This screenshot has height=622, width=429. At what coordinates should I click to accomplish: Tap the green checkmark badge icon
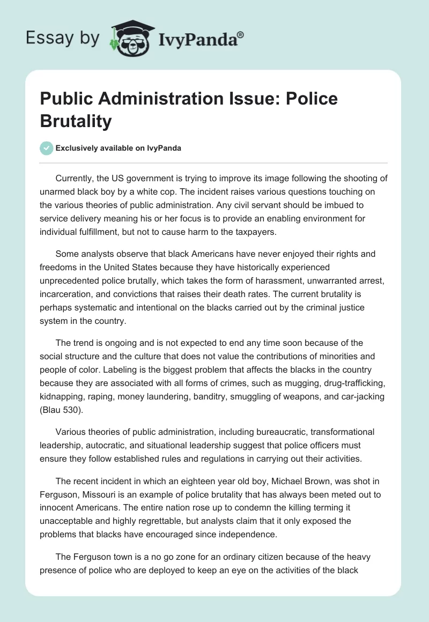[47, 148]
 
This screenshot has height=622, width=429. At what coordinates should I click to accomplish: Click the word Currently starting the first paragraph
[77, 179]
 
